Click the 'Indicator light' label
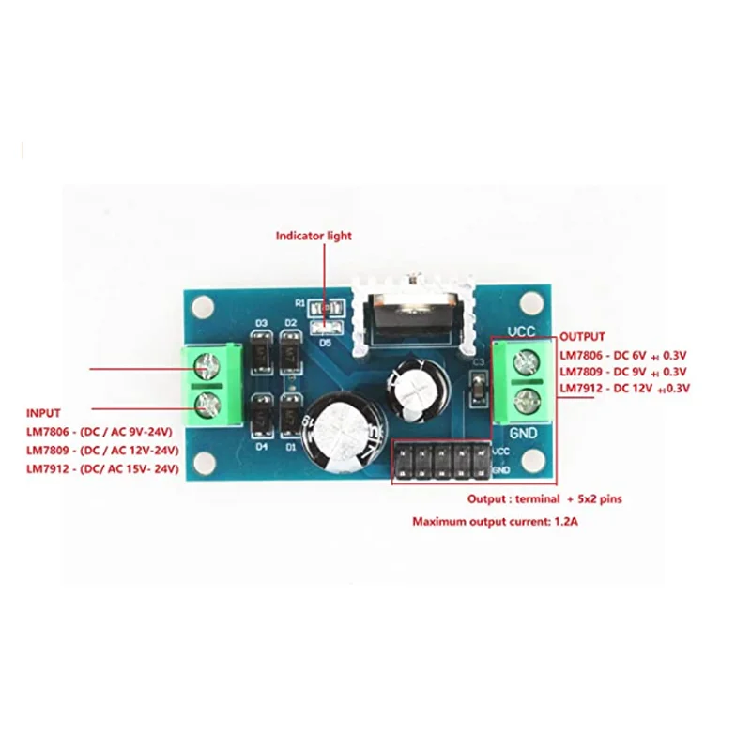(x=314, y=236)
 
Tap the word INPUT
(x=44, y=413)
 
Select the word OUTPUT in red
(x=582, y=336)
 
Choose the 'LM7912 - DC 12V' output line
(x=624, y=388)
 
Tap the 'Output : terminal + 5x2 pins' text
(x=541, y=499)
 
